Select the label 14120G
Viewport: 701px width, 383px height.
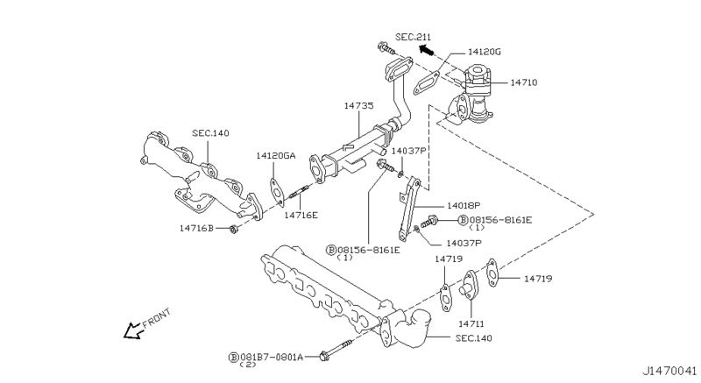485,52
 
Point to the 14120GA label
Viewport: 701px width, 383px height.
276,156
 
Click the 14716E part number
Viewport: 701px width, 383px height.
302,214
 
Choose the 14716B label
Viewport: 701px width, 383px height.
197,229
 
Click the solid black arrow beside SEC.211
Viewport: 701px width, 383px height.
428,50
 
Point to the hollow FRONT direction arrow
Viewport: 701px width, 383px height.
134,330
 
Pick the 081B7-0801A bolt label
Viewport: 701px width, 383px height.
272,357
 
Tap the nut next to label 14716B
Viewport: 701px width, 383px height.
233,230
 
